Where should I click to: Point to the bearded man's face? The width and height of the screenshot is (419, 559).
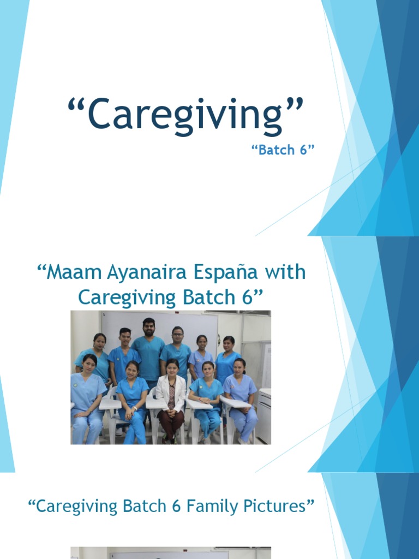point(148,328)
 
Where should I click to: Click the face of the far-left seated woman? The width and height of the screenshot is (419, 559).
point(89,364)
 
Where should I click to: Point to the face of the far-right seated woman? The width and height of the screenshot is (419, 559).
point(239,366)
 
